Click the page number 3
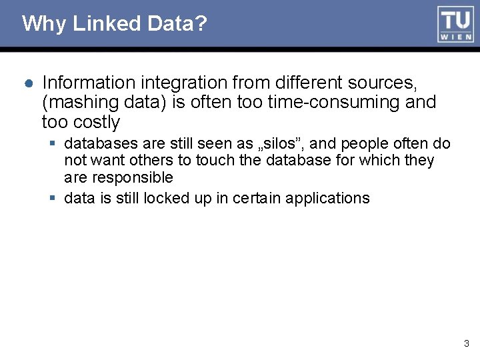(x=467, y=344)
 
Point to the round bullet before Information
(x=29, y=83)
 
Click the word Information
(x=86, y=83)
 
